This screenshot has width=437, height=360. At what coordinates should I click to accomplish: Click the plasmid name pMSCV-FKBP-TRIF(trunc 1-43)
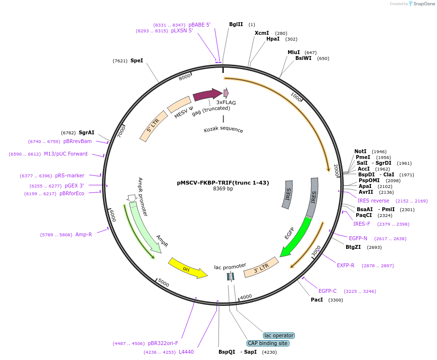point(223,183)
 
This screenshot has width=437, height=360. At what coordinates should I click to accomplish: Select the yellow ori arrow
point(187,268)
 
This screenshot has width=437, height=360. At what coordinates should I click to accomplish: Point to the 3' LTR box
point(261,267)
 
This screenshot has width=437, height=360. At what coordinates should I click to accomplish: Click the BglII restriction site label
point(236,24)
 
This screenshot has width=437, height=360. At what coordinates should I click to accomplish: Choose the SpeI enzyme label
point(137,61)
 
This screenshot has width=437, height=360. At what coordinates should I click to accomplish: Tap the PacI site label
point(317,300)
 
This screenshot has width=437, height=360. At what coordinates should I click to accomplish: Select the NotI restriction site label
point(361,151)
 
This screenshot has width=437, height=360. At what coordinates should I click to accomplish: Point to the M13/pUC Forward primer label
point(66,154)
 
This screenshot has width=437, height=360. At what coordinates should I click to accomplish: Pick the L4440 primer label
point(186,352)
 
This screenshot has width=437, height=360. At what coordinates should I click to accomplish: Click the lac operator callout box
point(279,335)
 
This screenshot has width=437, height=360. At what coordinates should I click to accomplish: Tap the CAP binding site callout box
point(268,343)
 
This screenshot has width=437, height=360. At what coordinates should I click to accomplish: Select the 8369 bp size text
point(223,189)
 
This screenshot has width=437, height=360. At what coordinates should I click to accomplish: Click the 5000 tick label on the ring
point(164,283)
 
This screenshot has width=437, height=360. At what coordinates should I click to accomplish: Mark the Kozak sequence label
point(223,130)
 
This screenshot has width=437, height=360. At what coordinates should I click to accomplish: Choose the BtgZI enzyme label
point(353,247)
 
